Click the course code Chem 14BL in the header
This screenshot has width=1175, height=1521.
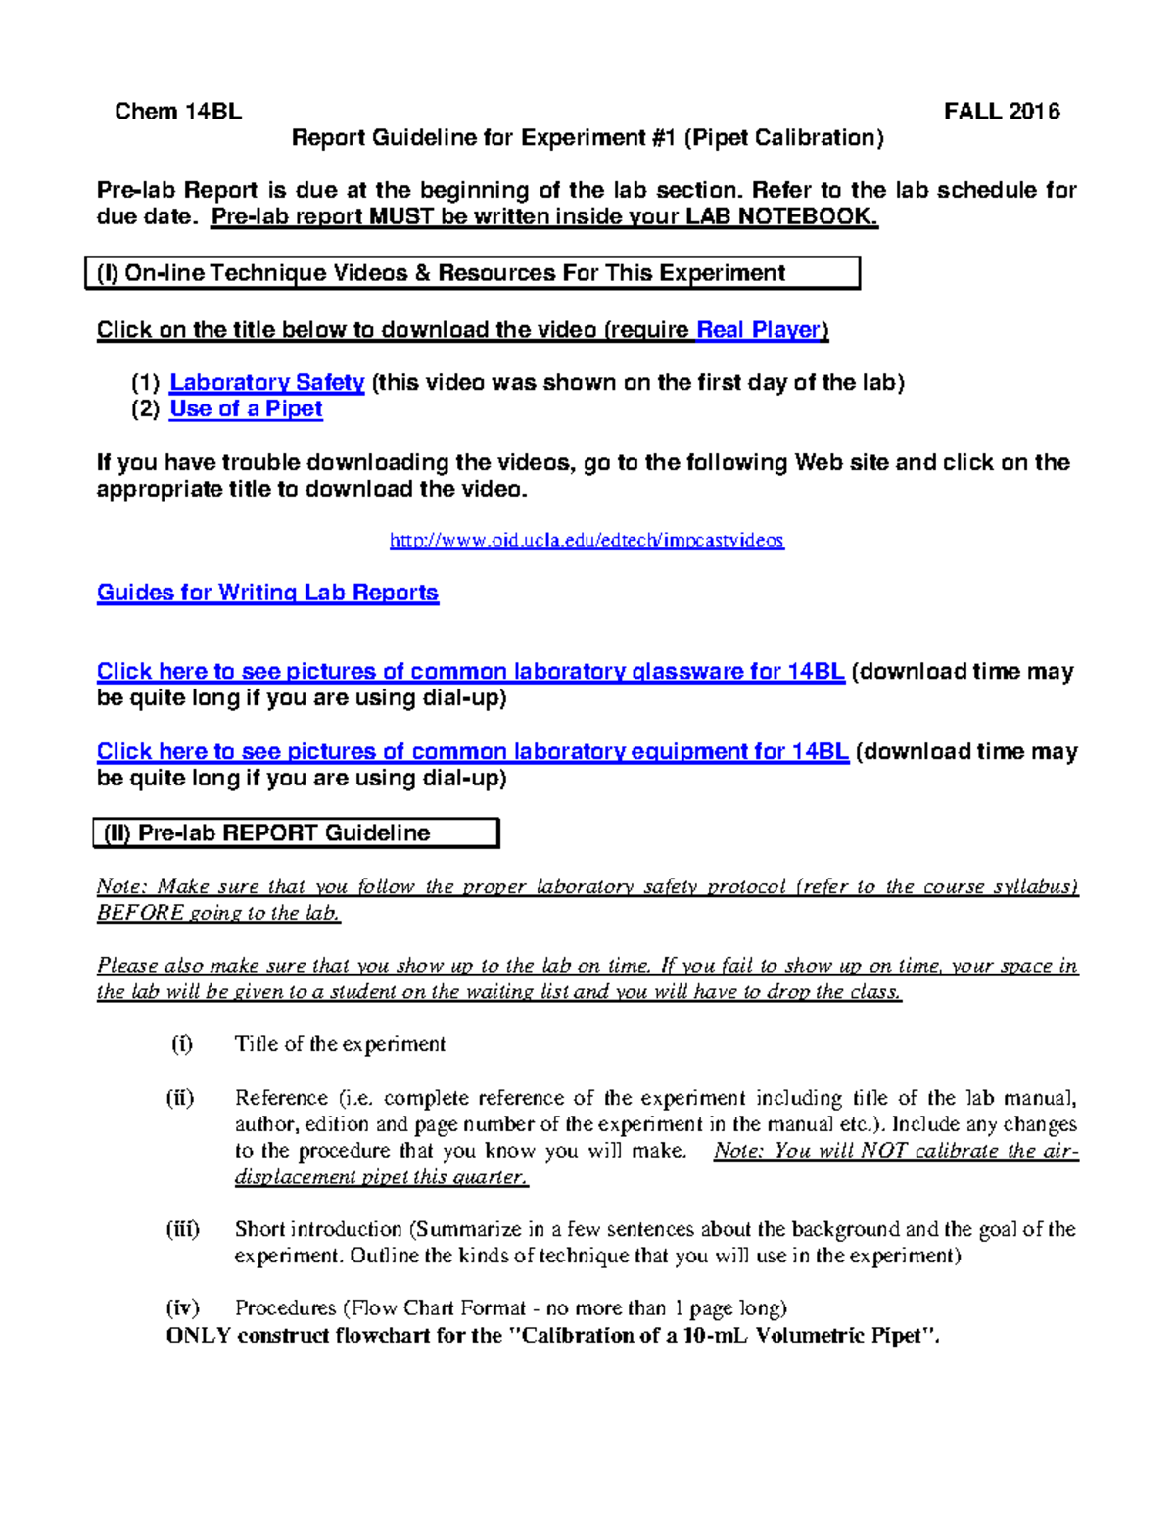(x=177, y=112)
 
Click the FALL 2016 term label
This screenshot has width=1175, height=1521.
(x=1001, y=112)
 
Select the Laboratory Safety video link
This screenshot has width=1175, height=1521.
(x=266, y=383)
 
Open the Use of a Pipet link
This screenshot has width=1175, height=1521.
(x=246, y=409)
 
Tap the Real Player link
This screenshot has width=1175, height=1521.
(x=759, y=330)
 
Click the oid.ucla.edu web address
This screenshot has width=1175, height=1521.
(x=587, y=541)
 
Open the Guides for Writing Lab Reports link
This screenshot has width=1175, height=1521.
(x=267, y=594)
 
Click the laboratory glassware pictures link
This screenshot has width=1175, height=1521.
(x=470, y=673)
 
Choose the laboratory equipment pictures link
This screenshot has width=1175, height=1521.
(x=472, y=752)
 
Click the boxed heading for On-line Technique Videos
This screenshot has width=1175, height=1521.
(x=472, y=273)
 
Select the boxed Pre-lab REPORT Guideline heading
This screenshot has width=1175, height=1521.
(x=296, y=833)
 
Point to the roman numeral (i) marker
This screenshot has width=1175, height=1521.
(x=182, y=1044)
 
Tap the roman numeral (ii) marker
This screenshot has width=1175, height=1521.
(x=180, y=1098)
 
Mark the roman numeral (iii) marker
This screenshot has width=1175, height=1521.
(x=183, y=1229)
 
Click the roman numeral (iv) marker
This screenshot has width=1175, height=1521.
(x=182, y=1308)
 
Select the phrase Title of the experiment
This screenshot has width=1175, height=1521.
(x=340, y=1045)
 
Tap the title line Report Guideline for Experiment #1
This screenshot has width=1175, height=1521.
(x=587, y=138)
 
